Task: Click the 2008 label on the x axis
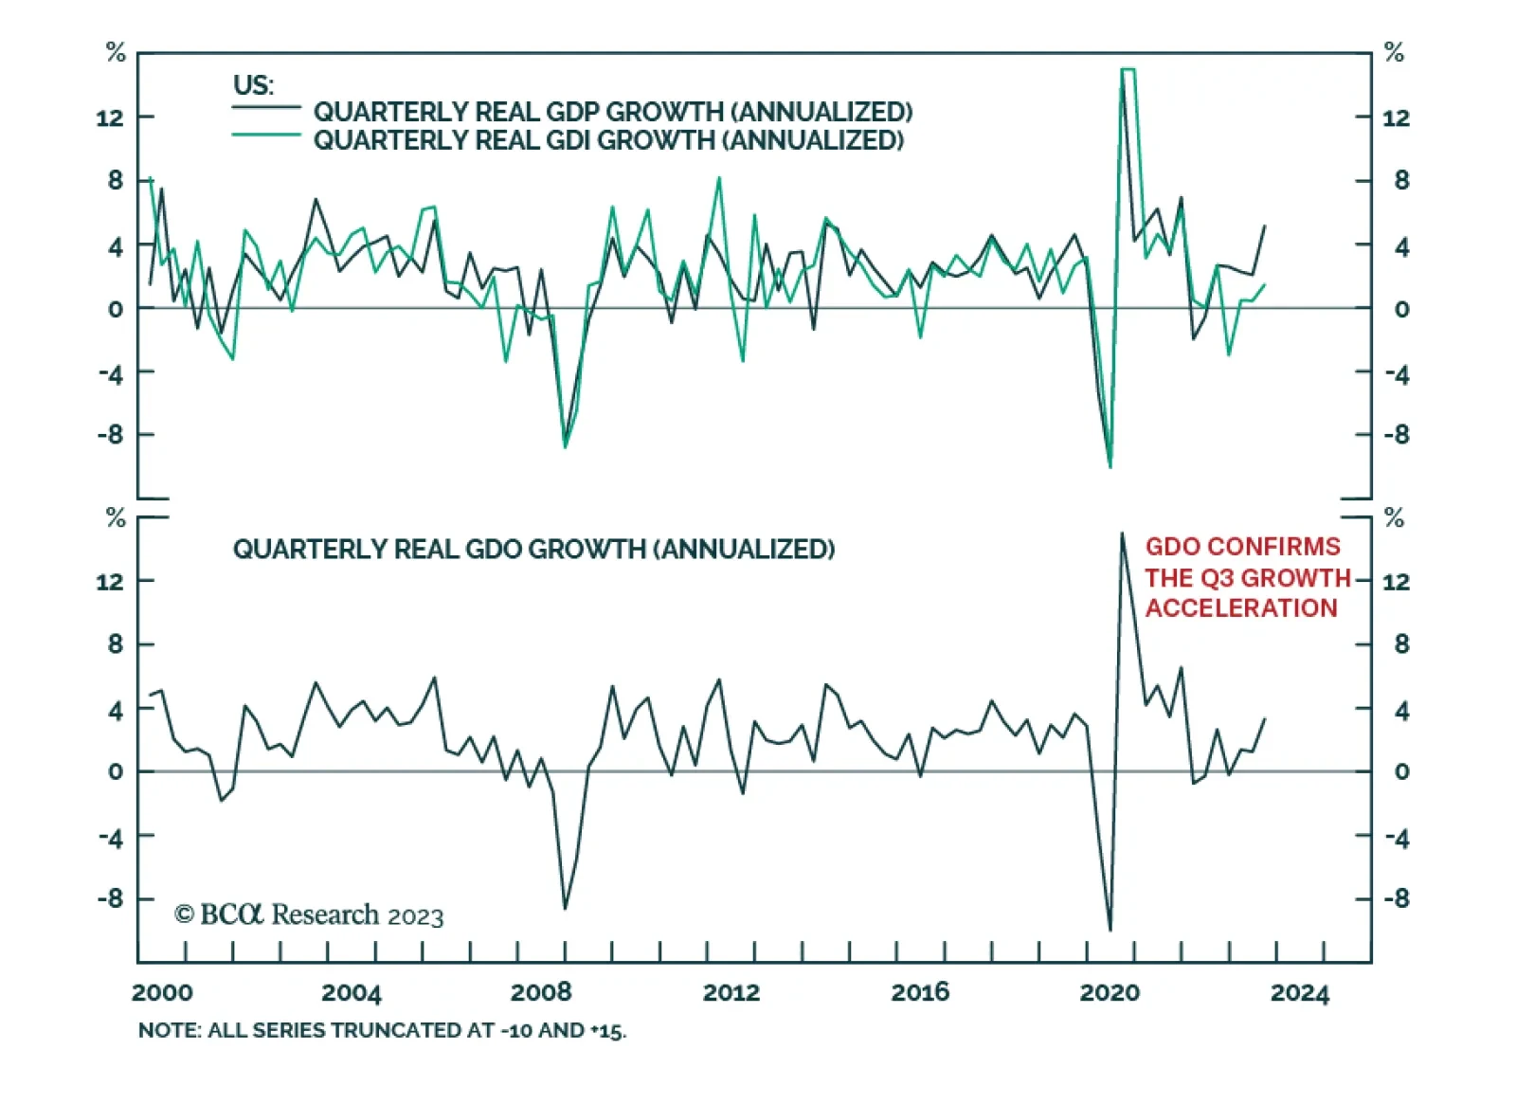(541, 992)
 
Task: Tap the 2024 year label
(1300, 992)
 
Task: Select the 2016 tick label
(920, 992)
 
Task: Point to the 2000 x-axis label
(162, 992)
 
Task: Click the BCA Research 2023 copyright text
(309, 914)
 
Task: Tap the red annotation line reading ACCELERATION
(1241, 608)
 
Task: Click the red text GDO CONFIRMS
(1243, 547)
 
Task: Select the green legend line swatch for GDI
(266, 136)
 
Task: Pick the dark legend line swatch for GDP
(266, 107)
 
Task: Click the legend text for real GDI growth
(608, 140)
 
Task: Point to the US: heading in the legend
(253, 85)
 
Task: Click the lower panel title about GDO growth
(533, 550)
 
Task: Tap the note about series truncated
(382, 1030)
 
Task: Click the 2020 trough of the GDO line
(1110, 930)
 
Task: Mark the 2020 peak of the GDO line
(1123, 534)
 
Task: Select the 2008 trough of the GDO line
(565, 909)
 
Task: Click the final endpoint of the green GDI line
(1265, 284)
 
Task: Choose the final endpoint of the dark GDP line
(1265, 226)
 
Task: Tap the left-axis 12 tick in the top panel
(110, 118)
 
